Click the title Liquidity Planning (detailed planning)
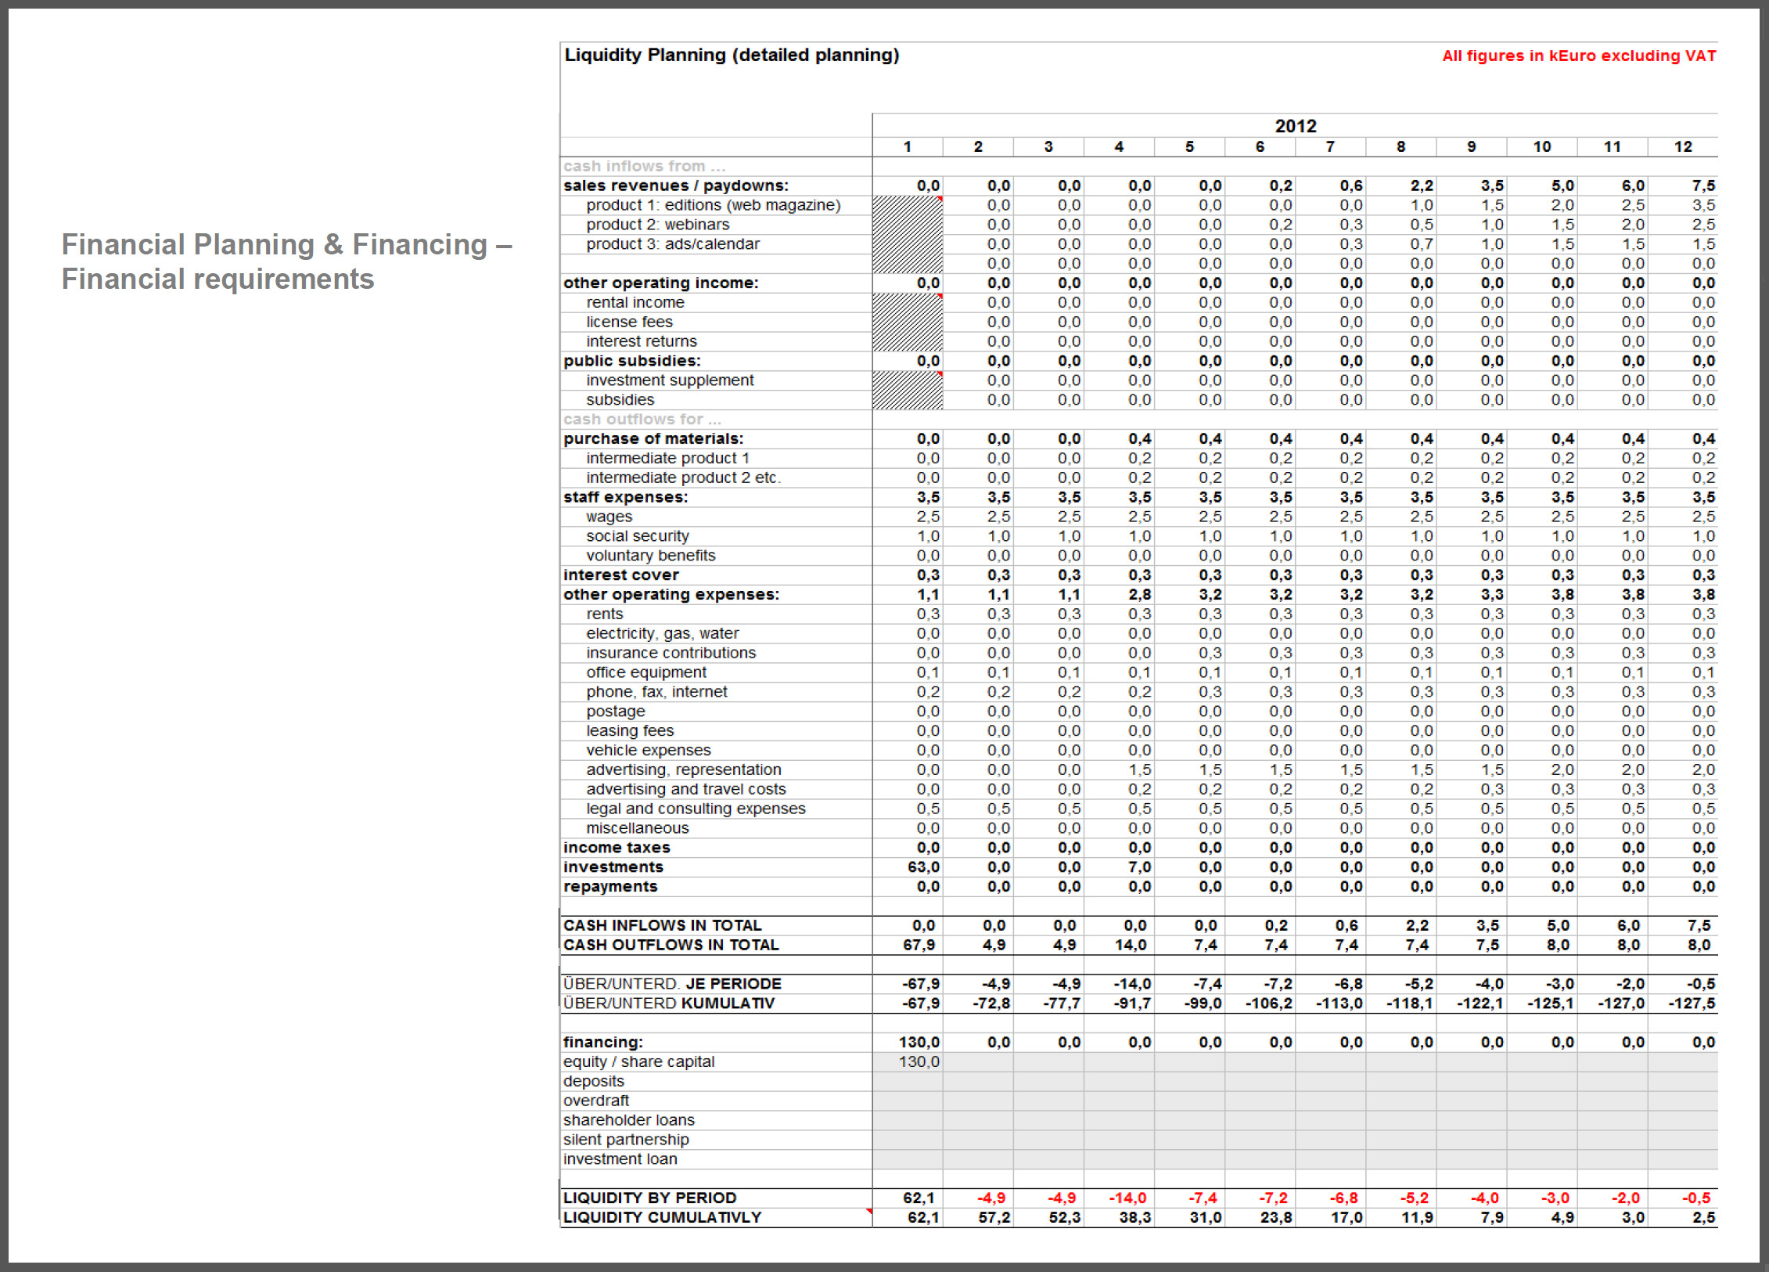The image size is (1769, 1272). pyautogui.click(x=732, y=55)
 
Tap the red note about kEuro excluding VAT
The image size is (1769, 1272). pyautogui.click(x=1578, y=56)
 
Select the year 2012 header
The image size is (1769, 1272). pyautogui.click(x=1295, y=126)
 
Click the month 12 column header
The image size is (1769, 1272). pyautogui.click(x=1682, y=146)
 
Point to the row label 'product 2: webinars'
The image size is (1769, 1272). pyautogui.click(x=657, y=225)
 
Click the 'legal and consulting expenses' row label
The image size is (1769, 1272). pyautogui.click(x=696, y=809)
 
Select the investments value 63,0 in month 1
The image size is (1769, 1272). pyautogui.click(x=923, y=867)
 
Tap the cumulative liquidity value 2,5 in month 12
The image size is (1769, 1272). pyautogui.click(x=1702, y=1218)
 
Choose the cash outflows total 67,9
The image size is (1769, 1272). pyautogui.click(x=919, y=945)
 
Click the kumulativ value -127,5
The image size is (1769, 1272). pyautogui.click(x=1692, y=1004)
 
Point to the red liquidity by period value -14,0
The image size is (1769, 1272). pyautogui.click(x=1127, y=1198)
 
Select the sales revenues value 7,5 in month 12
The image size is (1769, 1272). pyautogui.click(x=1702, y=186)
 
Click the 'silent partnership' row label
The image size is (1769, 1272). pyautogui.click(x=626, y=1140)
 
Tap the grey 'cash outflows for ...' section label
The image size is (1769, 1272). pyautogui.click(x=642, y=420)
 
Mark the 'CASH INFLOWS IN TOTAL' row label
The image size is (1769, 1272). pyautogui.click(x=662, y=925)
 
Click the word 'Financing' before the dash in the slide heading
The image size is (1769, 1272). pyautogui.click(x=419, y=245)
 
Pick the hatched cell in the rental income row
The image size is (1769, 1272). pyautogui.click(x=908, y=303)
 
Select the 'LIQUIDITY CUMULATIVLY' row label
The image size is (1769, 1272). pyautogui.click(x=662, y=1218)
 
